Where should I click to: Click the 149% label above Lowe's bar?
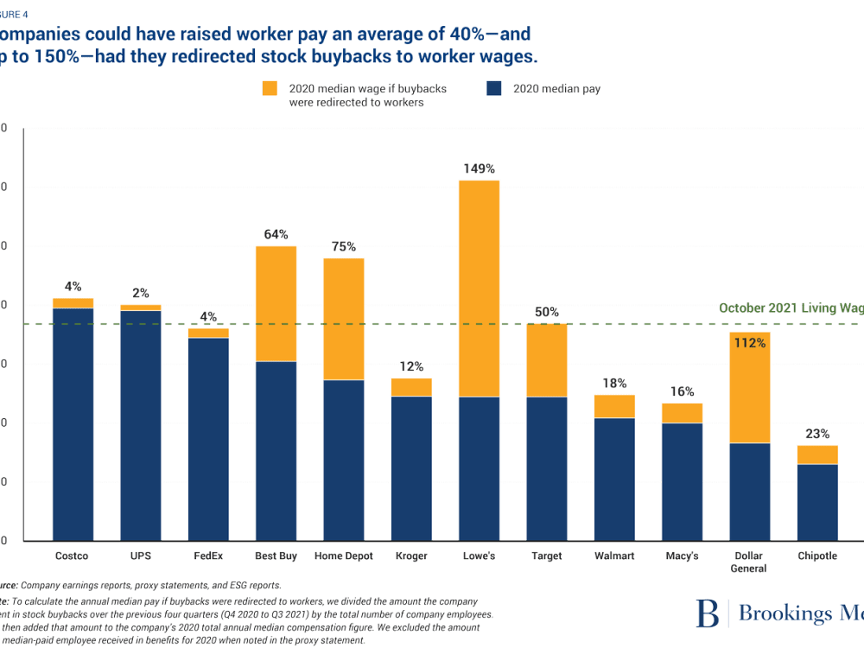[x=479, y=168]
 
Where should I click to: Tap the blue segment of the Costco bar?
[x=73, y=423]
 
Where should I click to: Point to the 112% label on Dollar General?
[x=750, y=343]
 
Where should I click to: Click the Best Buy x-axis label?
[x=276, y=556]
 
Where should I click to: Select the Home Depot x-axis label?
[x=343, y=556]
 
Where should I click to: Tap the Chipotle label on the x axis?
[x=817, y=556]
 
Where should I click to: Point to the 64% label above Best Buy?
[x=276, y=234]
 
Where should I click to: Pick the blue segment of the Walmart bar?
[x=614, y=479]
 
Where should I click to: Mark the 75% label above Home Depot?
[x=343, y=247]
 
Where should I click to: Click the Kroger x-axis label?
[x=411, y=556]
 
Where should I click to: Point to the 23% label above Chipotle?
[x=817, y=435]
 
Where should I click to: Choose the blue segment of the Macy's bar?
[x=682, y=481]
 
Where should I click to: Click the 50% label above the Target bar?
[x=546, y=313]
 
